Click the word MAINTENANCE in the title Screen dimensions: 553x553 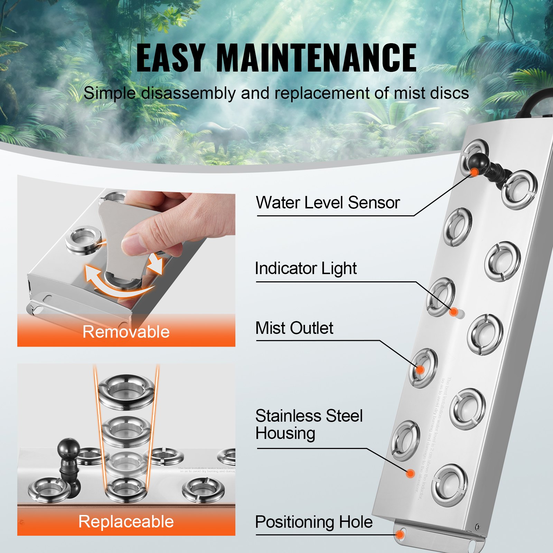pos(316,58)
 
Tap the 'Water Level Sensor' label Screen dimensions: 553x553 pos(328,203)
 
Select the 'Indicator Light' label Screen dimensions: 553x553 pos(306,269)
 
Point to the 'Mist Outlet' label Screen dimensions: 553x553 pos(294,328)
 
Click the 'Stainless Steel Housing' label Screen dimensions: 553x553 pos(309,424)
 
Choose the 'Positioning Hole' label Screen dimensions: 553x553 pos(313,522)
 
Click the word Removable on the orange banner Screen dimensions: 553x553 pos(126,332)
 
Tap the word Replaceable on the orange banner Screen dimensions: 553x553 pos(126,522)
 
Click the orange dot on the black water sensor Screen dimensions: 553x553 pos(475,172)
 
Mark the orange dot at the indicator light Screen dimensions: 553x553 pos(454,312)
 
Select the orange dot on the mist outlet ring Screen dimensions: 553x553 pos(420,370)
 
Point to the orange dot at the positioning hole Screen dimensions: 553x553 pos(400,535)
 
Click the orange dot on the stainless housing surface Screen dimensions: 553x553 pos(410,473)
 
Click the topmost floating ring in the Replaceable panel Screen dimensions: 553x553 pos(126,391)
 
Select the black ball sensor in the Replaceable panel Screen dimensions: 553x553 pos(68,449)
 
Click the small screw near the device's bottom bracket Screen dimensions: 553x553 pos(477,527)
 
